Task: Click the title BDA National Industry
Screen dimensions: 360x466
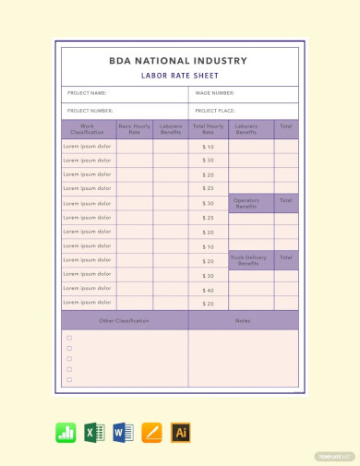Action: (x=179, y=61)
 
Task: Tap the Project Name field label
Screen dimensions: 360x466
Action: (x=88, y=93)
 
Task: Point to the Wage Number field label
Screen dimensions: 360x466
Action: (x=214, y=93)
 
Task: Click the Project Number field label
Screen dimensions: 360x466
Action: (x=90, y=111)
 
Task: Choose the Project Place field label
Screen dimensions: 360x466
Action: (x=214, y=111)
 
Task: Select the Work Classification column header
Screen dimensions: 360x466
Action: (x=88, y=129)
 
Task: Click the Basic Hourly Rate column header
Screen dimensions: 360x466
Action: (x=134, y=129)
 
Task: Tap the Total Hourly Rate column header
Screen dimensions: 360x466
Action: (x=208, y=129)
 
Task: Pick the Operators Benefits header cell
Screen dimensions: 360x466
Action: (x=246, y=203)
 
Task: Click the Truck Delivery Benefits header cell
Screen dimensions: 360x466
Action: (x=246, y=260)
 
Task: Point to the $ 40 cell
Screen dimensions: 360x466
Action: (x=208, y=290)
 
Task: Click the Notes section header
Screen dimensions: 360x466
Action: (x=243, y=320)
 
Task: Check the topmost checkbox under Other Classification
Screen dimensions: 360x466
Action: (x=69, y=338)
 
